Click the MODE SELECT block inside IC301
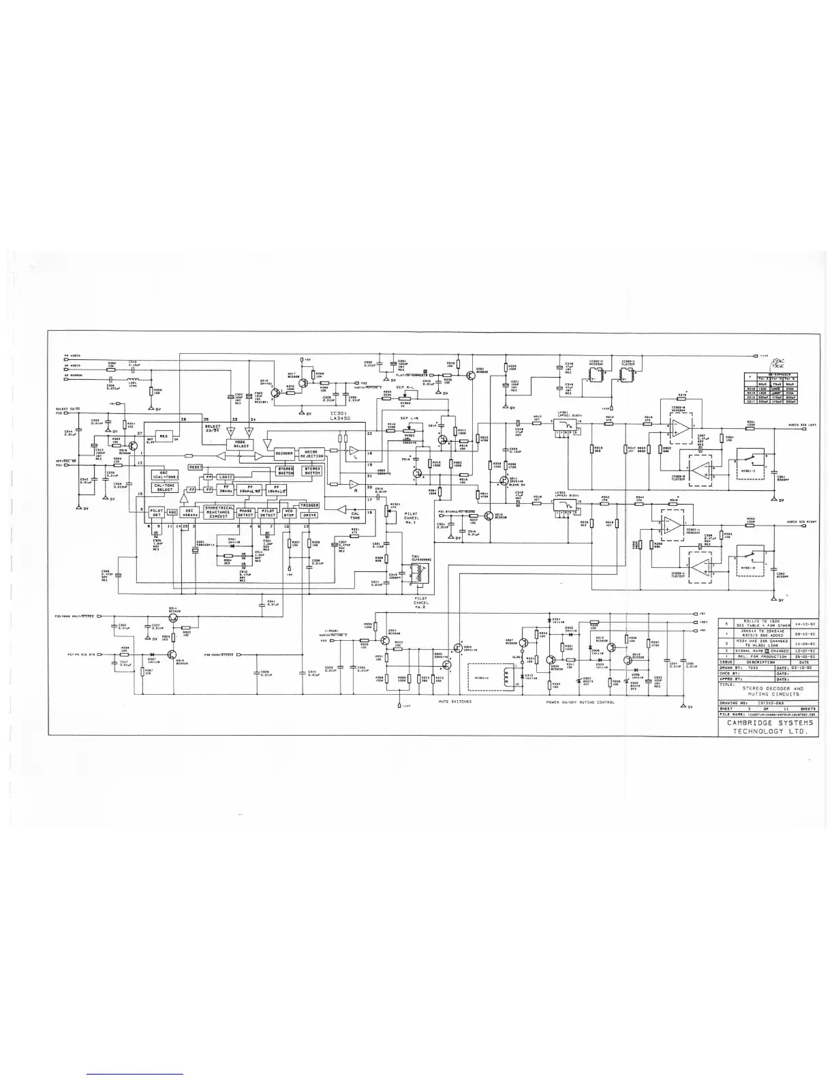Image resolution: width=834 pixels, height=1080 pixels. [241, 444]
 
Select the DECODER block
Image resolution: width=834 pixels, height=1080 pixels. [284, 453]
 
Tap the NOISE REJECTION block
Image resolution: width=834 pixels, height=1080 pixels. [312, 453]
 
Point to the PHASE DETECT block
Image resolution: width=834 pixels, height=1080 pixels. [245, 512]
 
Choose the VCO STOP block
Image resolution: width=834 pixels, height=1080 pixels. [289, 512]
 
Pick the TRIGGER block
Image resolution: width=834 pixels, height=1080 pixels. [309, 505]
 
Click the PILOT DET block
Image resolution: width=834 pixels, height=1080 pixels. [156, 512]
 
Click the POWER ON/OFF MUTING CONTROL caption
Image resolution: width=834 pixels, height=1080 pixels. [580, 702]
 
